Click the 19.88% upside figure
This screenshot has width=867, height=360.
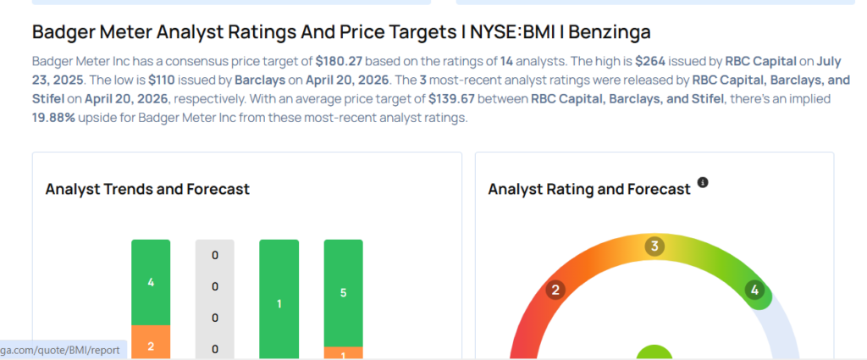pos(55,117)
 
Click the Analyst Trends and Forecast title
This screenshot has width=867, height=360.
pos(147,189)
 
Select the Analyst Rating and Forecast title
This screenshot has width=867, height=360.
pos(589,189)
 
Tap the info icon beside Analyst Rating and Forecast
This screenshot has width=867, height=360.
pos(703,182)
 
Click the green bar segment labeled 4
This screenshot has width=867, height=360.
pos(151,282)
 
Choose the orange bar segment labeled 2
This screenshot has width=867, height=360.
pos(151,342)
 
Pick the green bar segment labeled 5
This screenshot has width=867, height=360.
pos(344,292)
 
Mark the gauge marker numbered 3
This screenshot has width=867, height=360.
pos(654,246)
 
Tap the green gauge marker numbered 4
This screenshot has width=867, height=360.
pos(754,291)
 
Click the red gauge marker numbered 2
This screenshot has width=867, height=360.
pos(556,291)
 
